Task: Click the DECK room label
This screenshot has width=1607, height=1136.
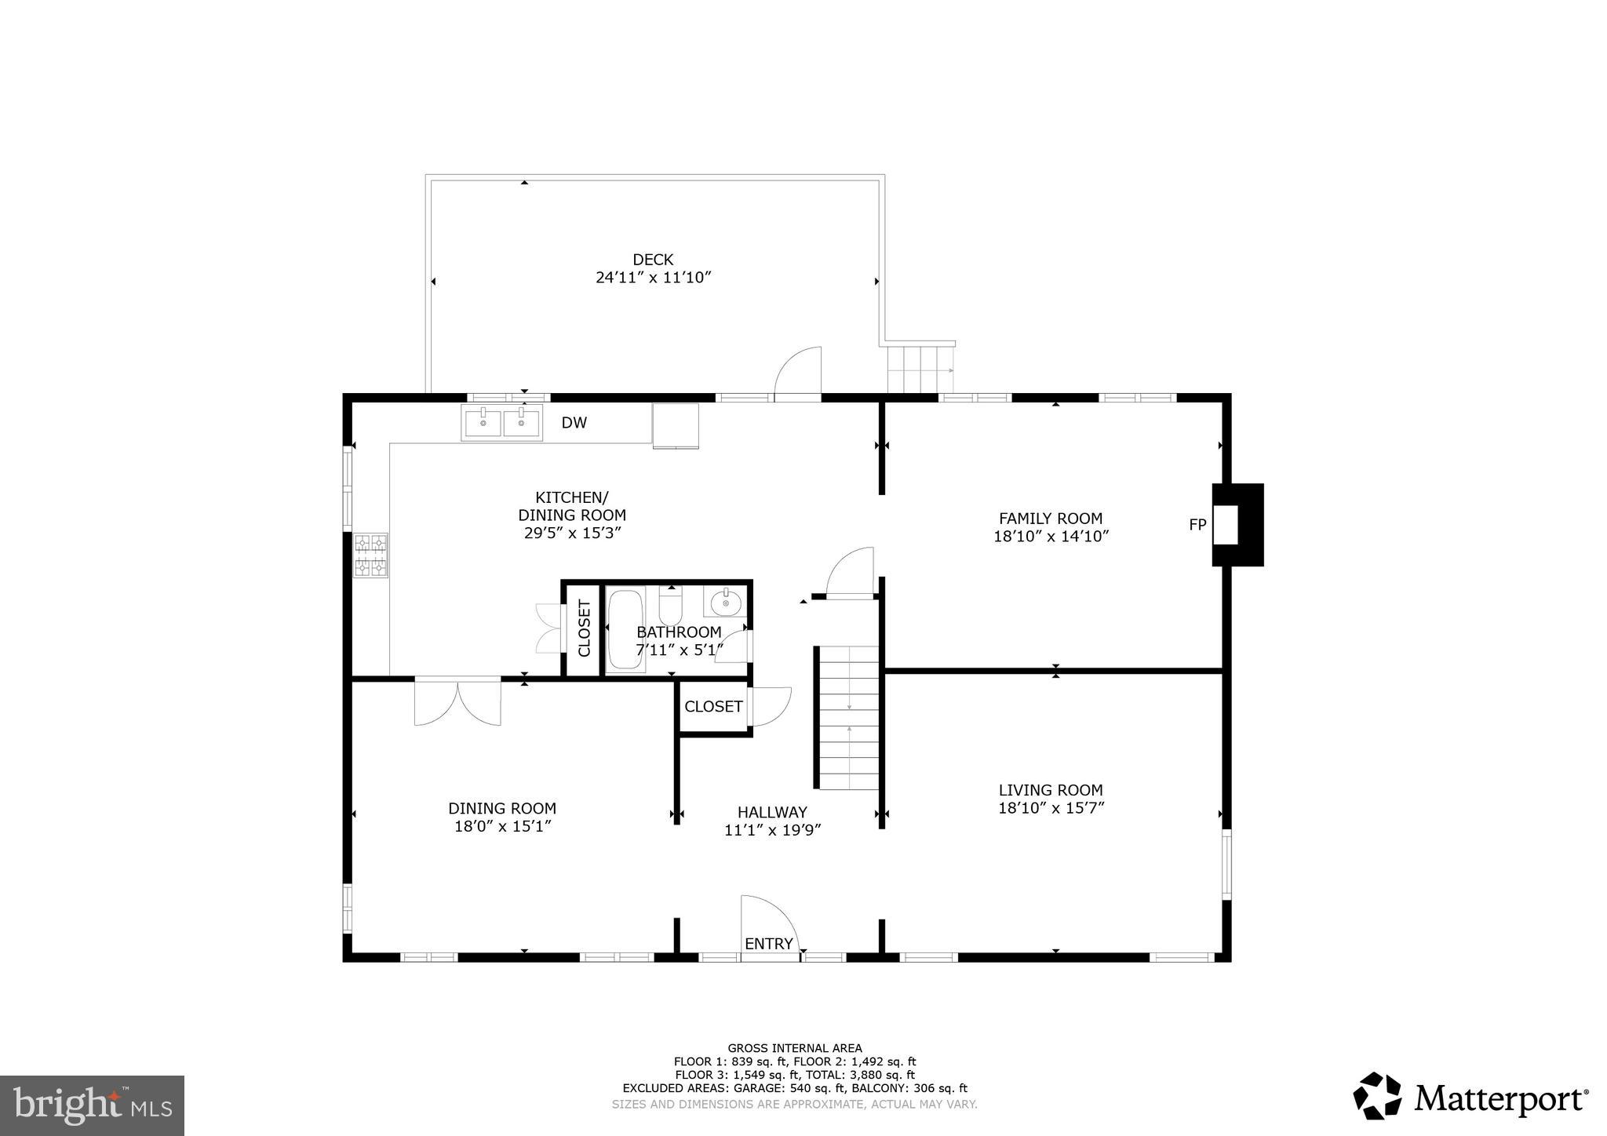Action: [x=653, y=260]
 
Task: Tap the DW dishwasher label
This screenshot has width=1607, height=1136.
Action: [x=574, y=423]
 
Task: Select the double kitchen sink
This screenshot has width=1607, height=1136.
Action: [x=501, y=424]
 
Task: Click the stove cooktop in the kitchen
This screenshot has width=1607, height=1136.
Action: [x=371, y=555]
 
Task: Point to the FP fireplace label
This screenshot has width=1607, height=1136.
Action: [x=1197, y=525]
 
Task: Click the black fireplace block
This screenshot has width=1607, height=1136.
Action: [x=1248, y=525]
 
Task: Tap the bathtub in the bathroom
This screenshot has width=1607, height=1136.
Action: [x=625, y=629]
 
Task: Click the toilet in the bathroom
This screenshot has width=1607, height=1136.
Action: [x=671, y=606]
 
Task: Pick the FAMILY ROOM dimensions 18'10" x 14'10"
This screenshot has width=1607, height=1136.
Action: [x=1051, y=537]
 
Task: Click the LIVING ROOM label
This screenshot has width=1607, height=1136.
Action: [x=1051, y=790]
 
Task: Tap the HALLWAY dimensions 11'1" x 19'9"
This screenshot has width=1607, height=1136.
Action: [x=772, y=830]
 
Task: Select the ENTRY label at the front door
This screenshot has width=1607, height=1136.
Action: [x=769, y=944]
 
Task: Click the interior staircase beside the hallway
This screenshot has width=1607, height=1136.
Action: [x=848, y=718]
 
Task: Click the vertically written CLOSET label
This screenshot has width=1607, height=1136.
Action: [x=584, y=628]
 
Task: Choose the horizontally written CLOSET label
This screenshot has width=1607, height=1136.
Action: [x=713, y=706]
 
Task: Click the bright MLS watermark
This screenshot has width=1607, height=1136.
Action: [x=92, y=1105]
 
